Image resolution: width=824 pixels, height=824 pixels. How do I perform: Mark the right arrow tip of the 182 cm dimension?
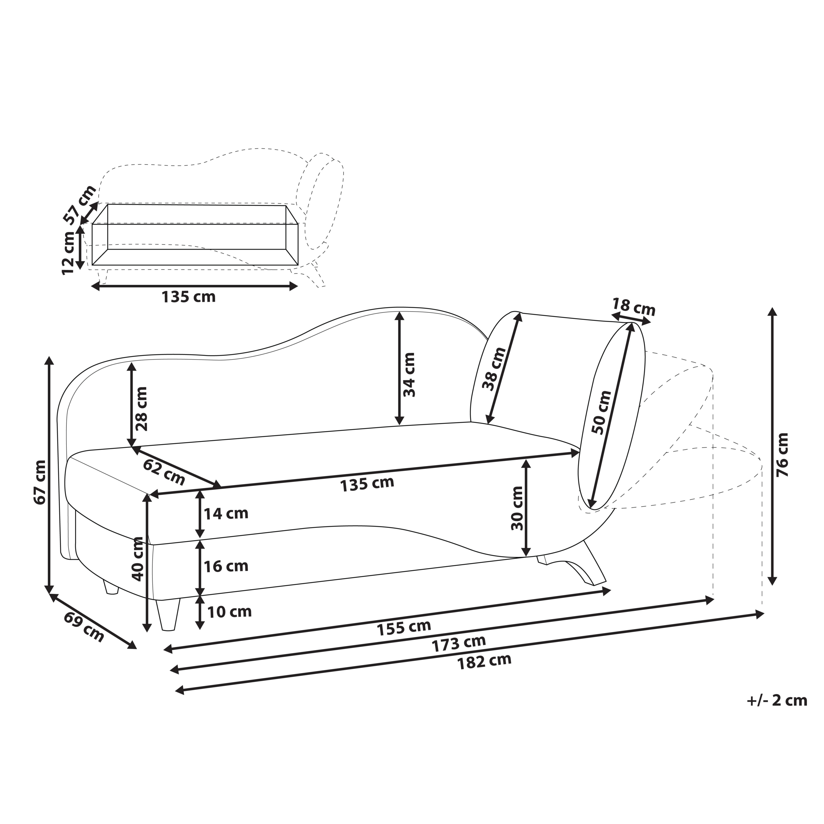(x=763, y=614)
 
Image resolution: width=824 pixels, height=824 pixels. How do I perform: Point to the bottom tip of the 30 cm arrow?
(x=527, y=557)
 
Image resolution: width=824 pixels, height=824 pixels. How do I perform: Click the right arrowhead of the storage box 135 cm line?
(x=297, y=286)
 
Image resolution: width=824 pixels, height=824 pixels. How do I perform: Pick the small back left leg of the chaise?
(x=110, y=587)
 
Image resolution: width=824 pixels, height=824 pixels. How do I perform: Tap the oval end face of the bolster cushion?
(x=612, y=416)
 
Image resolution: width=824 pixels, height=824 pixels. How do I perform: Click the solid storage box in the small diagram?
(x=195, y=235)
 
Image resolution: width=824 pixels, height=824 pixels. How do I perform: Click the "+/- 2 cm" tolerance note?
(x=777, y=701)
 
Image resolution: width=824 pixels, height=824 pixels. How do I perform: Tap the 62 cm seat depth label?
(x=164, y=472)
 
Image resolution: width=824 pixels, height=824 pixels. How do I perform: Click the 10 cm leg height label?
(x=229, y=612)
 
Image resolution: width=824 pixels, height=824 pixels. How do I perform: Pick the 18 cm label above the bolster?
(x=633, y=307)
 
